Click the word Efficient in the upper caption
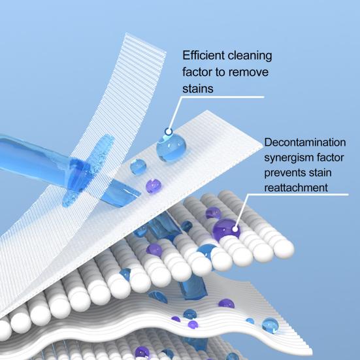[x=203, y=56]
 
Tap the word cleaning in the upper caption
[x=250, y=56]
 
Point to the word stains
[x=198, y=89]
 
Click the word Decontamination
[x=305, y=142]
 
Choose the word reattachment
[x=296, y=188]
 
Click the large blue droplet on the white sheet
[x=171, y=148]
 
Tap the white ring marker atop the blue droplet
[x=169, y=132]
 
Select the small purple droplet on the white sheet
[x=154, y=186]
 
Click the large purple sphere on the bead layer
[x=226, y=230]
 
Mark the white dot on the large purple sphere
[x=235, y=229]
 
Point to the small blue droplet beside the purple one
[x=138, y=167]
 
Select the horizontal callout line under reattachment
[x=299, y=195]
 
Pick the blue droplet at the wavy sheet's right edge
[x=270, y=325]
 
